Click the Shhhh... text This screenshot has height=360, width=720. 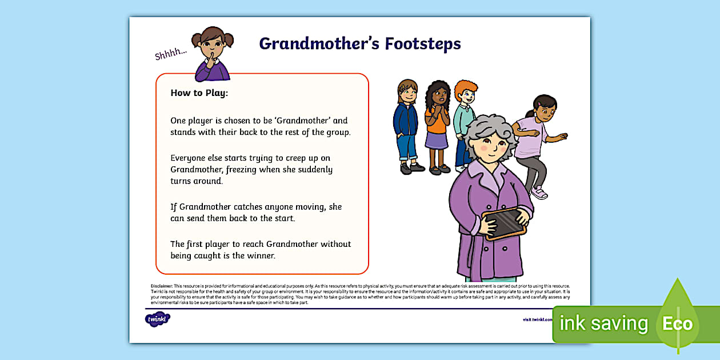click(171, 54)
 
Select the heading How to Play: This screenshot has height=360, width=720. click(199, 93)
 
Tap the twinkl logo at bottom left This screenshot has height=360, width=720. click(158, 319)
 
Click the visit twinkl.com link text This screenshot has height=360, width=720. click(537, 319)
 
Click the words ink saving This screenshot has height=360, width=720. click(603, 324)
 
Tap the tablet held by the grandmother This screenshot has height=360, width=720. click(504, 222)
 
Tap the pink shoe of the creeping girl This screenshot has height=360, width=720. click(539, 193)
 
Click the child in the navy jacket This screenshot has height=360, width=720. click(407, 123)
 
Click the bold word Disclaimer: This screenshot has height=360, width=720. click(161, 286)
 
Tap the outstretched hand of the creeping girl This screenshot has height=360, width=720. click(562, 137)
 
